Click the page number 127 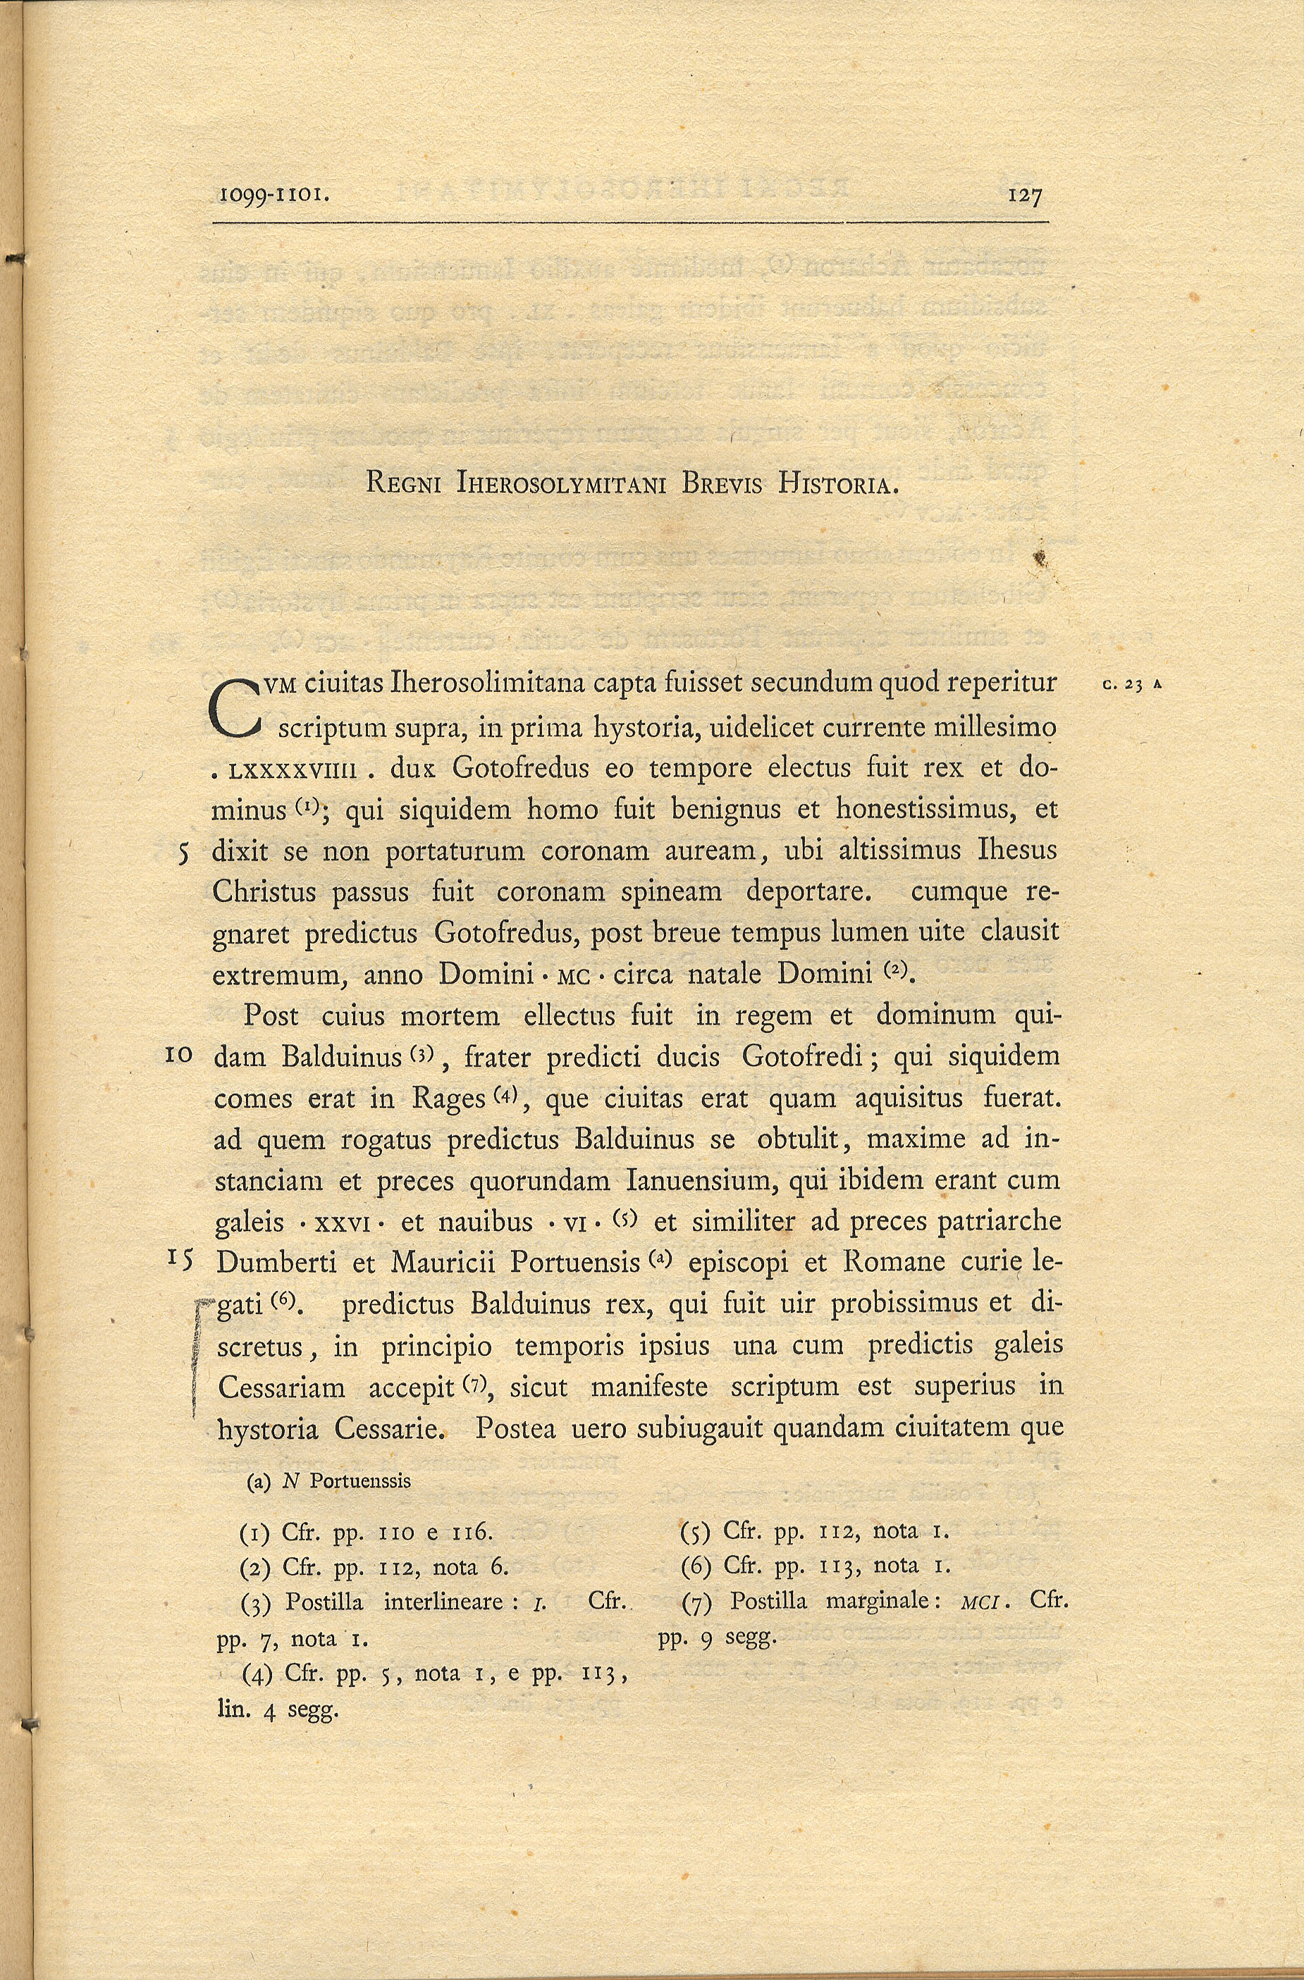[1024, 197]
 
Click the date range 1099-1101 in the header [275, 197]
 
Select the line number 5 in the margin [185, 853]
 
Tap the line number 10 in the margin [180, 1056]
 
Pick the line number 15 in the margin [180, 1260]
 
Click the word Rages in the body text [448, 1098]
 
